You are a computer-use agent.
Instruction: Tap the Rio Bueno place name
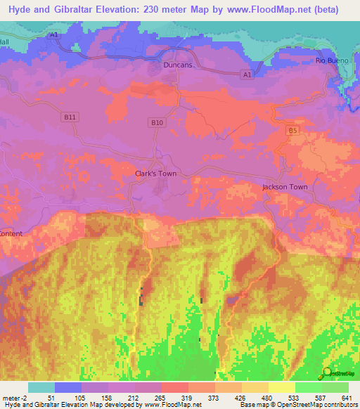tap(328, 61)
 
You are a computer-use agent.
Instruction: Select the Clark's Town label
tap(155, 173)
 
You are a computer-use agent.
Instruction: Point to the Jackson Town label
tap(285, 187)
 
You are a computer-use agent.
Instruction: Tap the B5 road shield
tap(293, 130)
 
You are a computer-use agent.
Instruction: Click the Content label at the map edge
tap(11, 233)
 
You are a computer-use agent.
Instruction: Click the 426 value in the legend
tap(243, 397)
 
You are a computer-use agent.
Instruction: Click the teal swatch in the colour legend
tap(41, 387)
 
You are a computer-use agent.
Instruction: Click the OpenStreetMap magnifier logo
tap(328, 372)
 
